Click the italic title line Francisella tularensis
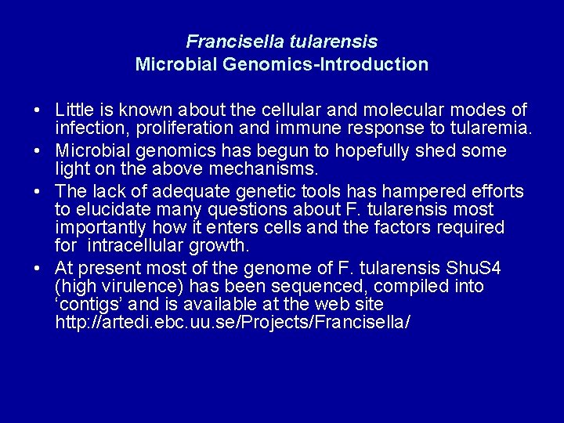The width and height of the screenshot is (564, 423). pyautogui.click(x=282, y=42)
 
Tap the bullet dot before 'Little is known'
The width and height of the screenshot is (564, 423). pyautogui.click(x=38, y=110)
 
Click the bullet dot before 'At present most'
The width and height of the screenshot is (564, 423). pyautogui.click(x=38, y=269)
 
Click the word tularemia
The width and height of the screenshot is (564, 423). pyautogui.click(x=491, y=129)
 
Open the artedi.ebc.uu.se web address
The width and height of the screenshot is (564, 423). pyautogui.click(x=233, y=322)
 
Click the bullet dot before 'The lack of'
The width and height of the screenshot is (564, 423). pyautogui.click(x=38, y=191)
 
